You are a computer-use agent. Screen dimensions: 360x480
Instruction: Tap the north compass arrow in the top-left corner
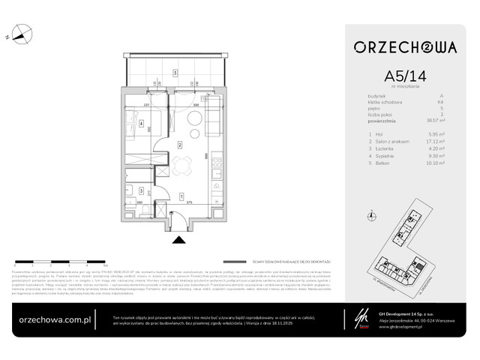coord(21,33)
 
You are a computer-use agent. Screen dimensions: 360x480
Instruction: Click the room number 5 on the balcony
coord(175,73)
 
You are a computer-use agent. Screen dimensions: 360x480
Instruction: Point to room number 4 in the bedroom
coord(141,123)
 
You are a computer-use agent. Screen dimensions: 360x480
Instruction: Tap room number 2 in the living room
coord(180,144)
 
